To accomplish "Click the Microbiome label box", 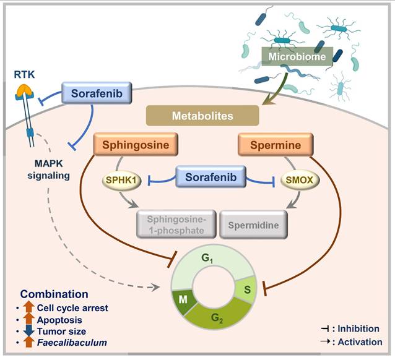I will click(x=297, y=57).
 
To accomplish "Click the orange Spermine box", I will click(x=274, y=146).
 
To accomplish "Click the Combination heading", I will click(x=54, y=294).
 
